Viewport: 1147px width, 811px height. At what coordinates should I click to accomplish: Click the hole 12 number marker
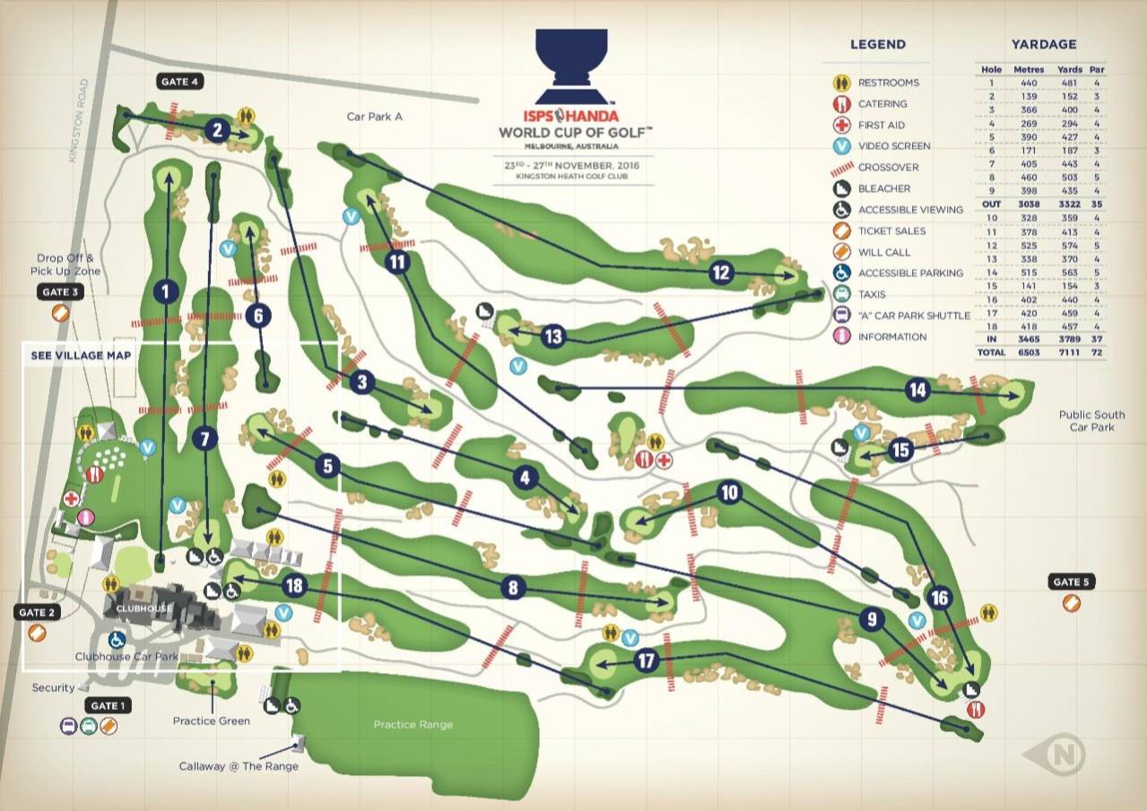coord(722,272)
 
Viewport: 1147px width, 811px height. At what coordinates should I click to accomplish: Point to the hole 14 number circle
coord(917,390)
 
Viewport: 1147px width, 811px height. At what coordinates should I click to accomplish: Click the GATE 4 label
coord(180,82)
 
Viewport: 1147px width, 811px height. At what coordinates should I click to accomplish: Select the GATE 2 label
coord(37,612)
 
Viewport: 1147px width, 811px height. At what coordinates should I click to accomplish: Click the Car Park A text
coord(375,117)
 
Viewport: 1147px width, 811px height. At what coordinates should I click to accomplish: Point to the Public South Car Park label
coord(1091,421)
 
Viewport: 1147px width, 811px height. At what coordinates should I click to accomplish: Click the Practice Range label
coord(413,725)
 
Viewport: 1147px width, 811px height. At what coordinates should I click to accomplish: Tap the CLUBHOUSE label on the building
coord(143,608)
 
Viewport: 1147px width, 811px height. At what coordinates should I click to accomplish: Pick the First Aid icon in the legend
coord(839,125)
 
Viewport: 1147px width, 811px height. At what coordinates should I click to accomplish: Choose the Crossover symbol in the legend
coord(839,168)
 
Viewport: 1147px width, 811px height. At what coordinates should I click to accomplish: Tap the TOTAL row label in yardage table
coord(992,353)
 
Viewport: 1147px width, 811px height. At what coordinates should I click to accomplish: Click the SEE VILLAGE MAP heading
coord(82,355)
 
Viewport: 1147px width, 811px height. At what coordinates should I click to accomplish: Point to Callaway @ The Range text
coord(239,765)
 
